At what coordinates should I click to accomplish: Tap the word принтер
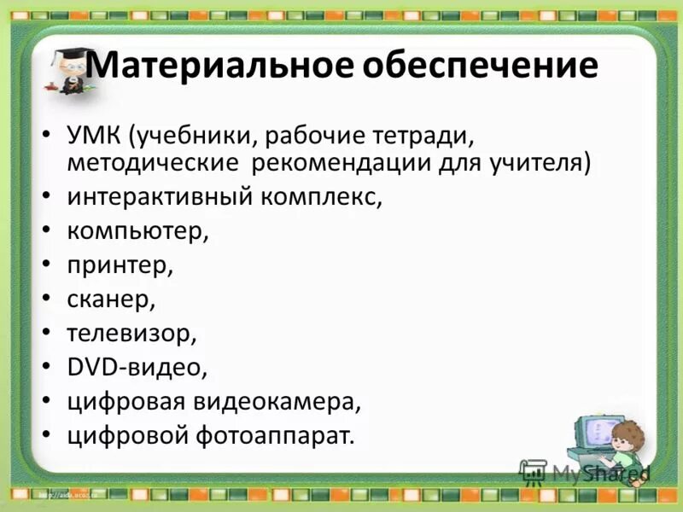pos(120,265)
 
